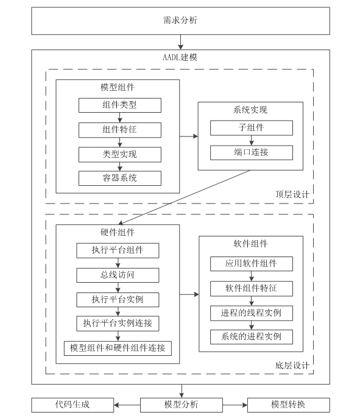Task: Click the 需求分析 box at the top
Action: pyautogui.click(x=180, y=21)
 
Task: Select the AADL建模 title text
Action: pyautogui.click(x=180, y=57)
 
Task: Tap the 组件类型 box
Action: pyautogui.click(x=119, y=105)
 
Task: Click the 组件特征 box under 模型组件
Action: pyautogui.click(x=119, y=130)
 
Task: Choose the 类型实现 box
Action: pyautogui.click(x=119, y=155)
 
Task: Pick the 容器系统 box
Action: pyautogui.click(x=119, y=178)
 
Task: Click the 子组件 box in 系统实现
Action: pyautogui.click(x=252, y=128)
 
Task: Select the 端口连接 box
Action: pyautogui.click(x=252, y=152)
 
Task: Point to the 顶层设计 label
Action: pyautogui.click(x=292, y=194)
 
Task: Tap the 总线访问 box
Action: pyautogui.click(x=118, y=275)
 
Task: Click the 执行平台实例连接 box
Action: pyautogui.click(x=118, y=324)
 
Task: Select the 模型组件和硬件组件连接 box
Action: pyautogui.click(x=118, y=348)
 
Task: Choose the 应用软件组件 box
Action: pyautogui.click(x=252, y=264)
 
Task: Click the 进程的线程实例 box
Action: pyautogui.click(x=252, y=313)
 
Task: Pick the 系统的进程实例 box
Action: pyautogui.click(x=252, y=337)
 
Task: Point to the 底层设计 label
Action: pyautogui.click(x=292, y=365)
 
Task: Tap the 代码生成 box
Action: pyautogui.click(x=72, y=405)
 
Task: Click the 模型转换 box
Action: pyautogui.click(x=289, y=405)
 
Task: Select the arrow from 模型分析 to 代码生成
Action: pyautogui.click(x=127, y=405)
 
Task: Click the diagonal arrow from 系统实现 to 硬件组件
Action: pyautogui.click(x=184, y=197)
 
